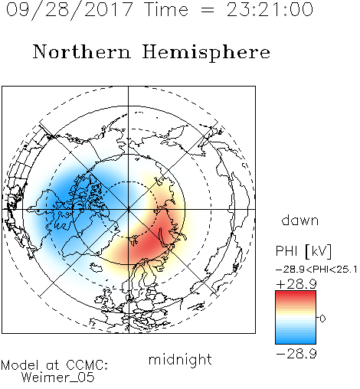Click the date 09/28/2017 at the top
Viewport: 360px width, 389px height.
(x=70, y=10)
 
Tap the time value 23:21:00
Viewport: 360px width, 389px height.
(x=270, y=10)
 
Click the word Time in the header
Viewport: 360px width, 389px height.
(x=166, y=10)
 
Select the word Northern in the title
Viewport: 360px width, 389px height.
(x=82, y=51)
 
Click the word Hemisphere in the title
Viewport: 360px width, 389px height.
(x=206, y=53)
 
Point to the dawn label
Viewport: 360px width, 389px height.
(x=300, y=221)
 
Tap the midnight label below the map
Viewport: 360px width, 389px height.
(x=180, y=359)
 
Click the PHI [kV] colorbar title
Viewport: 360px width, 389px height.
(x=304, y=251)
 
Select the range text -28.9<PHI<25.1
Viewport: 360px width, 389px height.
(x=316, y=270)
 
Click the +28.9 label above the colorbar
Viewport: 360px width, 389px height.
(x=296, y=284)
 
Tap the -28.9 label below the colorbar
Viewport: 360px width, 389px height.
(x=296, y=354)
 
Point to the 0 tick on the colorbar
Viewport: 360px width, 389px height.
(x=322, y=319)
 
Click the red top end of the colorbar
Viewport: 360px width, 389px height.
(x=296, y=293)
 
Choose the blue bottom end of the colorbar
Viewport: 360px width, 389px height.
(x=296, y=342)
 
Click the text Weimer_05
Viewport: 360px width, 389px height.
(x=58, y=378)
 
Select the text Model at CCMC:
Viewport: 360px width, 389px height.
(x=54, y=365)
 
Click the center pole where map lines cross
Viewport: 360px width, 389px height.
(x=129, y=209)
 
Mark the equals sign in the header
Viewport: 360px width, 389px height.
(x=208, y=10)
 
